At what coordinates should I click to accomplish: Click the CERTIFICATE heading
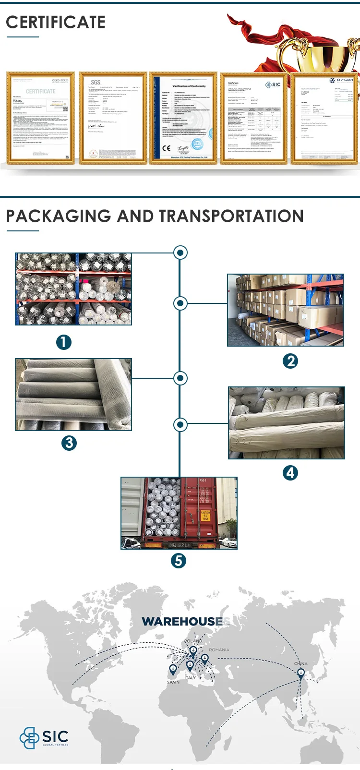click(55, 22)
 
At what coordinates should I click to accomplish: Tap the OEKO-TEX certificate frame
click(41, 118)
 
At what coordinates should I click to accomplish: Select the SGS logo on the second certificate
click(96, 83)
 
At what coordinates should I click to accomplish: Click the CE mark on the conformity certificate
click(166, 148)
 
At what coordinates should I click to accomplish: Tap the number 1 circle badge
click(63, 342)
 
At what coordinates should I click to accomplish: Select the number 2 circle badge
click(290, 361)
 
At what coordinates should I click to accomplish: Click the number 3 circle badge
click(69, 443)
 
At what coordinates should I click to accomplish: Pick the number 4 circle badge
click(290, 473)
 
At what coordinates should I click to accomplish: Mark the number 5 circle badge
click(179, 560)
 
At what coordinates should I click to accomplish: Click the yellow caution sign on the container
click(205, 516)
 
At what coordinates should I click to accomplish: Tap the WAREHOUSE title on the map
click(182, 621)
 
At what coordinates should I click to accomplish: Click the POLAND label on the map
click(193, 641)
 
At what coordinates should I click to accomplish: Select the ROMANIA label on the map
click(219, 650)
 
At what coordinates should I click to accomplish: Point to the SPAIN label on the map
click(173, 682)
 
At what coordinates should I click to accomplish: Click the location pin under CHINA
click(301, 674)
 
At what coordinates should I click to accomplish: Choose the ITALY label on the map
click(191, 677)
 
